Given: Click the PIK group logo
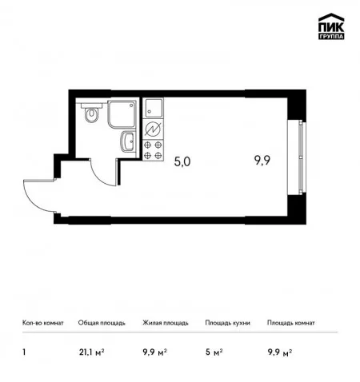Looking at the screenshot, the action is pyautogui.click(x=331, y=26).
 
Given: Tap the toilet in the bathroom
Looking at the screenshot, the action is pyautogui.click(x=92, y=113).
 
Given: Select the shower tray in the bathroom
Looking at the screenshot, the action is pyautogui.click(x=122, y=114).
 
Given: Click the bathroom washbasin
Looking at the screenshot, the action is pyautogui.click(x=128, y=141).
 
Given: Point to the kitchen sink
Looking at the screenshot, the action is pyautogui.click(x=153, y=108).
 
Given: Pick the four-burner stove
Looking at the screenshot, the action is pyautogui.click(x=153, y=150).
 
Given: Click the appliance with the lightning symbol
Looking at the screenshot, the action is pyautogui.click(x=153, y=129).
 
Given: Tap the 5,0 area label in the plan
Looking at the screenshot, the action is pyautogui.click(x=182, y=161).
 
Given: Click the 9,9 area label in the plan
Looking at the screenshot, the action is pyautogui.click(x=262, y=161).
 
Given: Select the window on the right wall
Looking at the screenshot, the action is pyautogui.click(x=300, y=157).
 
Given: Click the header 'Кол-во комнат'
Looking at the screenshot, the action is pyautogui.click(x=43, y=323).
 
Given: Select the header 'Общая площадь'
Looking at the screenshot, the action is pyautogui.click(x=102, y=323).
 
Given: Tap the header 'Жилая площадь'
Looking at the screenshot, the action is pyautogui.click(x=166, y=323).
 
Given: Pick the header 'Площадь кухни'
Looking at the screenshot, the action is pyautogui.click(x=227, y=323).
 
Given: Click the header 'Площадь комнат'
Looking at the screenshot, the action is pyautogui.click(x=291, y=323).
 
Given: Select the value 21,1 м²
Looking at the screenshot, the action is pyautogui.click(x=91, y=352).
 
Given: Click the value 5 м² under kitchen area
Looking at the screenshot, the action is pyautogui.click(x=214, y=352).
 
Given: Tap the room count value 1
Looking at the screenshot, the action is pyautogui.click(x=24, y=352).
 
